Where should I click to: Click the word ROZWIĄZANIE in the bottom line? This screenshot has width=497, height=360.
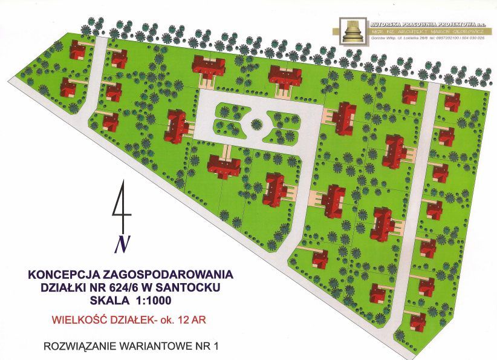coord(78,347)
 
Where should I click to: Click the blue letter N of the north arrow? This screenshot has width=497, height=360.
coord(123,243)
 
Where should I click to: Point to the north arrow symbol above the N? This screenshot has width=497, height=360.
coord(122,209)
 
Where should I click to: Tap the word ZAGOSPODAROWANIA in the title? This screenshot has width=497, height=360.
coord(158,273)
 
